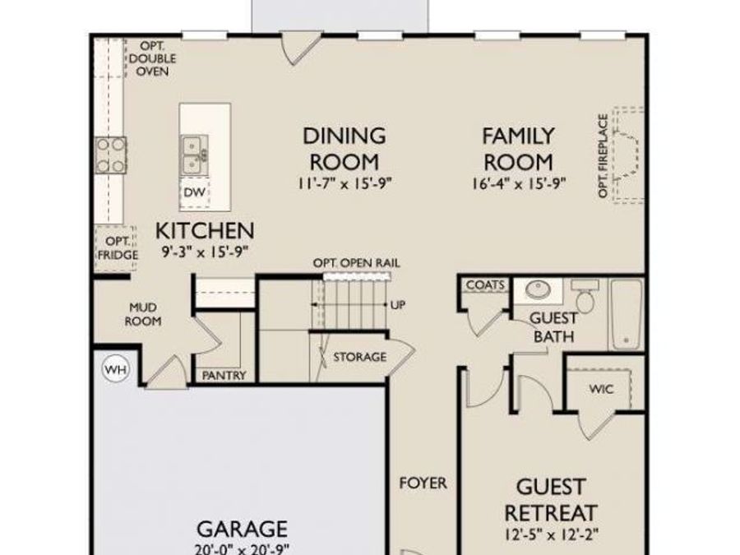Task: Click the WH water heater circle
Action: tap(116, 370)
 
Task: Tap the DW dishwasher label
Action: tap(194, 192)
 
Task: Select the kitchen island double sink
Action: tap(194, 155)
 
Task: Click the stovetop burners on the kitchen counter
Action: tap(111, 155)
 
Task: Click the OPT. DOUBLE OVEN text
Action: tap(153, 58)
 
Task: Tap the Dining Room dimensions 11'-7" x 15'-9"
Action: tap(344, 183)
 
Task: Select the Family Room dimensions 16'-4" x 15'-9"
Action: tap(518, 183)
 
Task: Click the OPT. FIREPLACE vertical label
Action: tap(603, 156)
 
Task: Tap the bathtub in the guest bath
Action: tap(627, 313)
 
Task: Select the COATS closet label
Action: tap(485, 285)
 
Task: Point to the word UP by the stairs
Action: tap(398, 305)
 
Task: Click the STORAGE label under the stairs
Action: tap(359, 357)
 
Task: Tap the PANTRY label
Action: tap(224, 376)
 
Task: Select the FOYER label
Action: tap(423, 483)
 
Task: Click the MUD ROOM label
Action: tap(143, 315)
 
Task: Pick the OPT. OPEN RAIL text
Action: tap(356, 263)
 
